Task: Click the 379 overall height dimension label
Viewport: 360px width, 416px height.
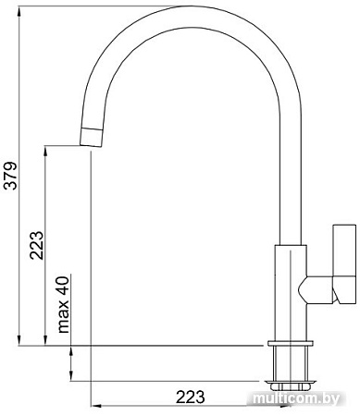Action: tap(11, 175)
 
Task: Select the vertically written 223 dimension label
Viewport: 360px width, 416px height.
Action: tap(35, 245)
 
